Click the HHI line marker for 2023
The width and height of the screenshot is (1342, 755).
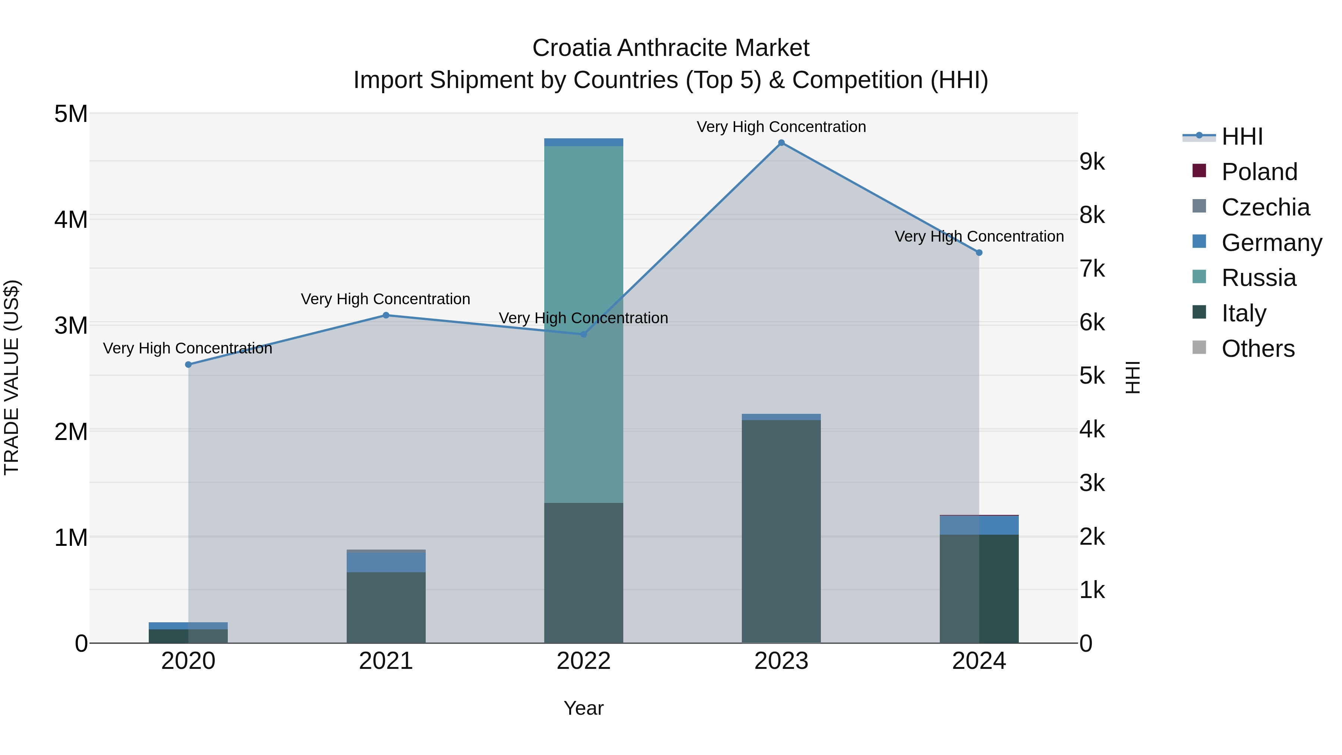[781, 143]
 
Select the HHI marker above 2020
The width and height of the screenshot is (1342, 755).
[189, 365]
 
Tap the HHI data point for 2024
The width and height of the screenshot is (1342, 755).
[979, 253]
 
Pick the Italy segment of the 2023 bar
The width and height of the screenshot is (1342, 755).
[781, 531]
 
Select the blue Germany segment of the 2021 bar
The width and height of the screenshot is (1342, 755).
[386, 562]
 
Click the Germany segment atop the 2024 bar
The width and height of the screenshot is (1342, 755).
[979, 525]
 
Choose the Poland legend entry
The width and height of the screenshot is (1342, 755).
[1258, 172]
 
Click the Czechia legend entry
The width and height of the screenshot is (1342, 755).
[1265, 207]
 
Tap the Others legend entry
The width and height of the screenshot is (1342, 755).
[1258, 349]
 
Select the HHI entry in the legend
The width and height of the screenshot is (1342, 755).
[1242, 136]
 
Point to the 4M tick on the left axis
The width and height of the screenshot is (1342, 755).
[71, 219]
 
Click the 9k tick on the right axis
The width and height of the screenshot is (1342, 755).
[1092, 162]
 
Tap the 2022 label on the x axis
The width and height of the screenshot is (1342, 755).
[583, 661]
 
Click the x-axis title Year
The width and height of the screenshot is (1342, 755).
[583, 708]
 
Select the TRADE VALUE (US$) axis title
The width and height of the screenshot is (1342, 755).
[12, 377]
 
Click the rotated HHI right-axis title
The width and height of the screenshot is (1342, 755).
[1132, 377]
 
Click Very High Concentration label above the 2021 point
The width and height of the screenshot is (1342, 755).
[385, 299]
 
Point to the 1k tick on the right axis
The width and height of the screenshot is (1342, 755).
[1092, 590]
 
